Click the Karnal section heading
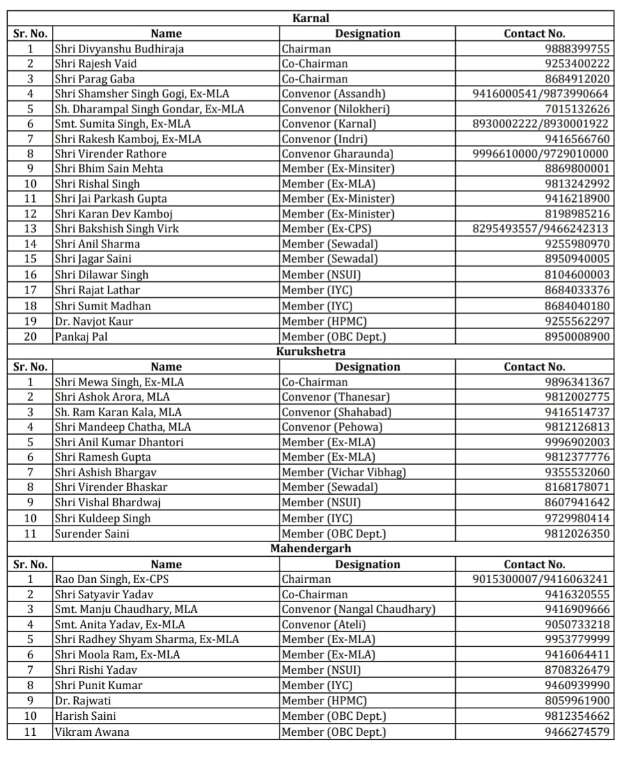tap(311, 19)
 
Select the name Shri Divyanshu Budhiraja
tap(119, 49)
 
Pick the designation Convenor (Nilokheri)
tap(336, 109)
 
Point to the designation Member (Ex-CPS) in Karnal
tap(327, 229)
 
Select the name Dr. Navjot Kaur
tap(94, 321)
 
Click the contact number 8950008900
tap(577, 336)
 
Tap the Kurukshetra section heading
tap(311, 352)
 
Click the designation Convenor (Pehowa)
tap(332, 427)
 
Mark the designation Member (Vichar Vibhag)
tap(344, 472)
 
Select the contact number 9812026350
tap(577, 533)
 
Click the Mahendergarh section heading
tap(311, 548)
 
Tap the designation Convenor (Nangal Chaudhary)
tap(358, 609)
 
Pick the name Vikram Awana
tap(92, 732)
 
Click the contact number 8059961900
tap(577, 701)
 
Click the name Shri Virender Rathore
tap(111, 154)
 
